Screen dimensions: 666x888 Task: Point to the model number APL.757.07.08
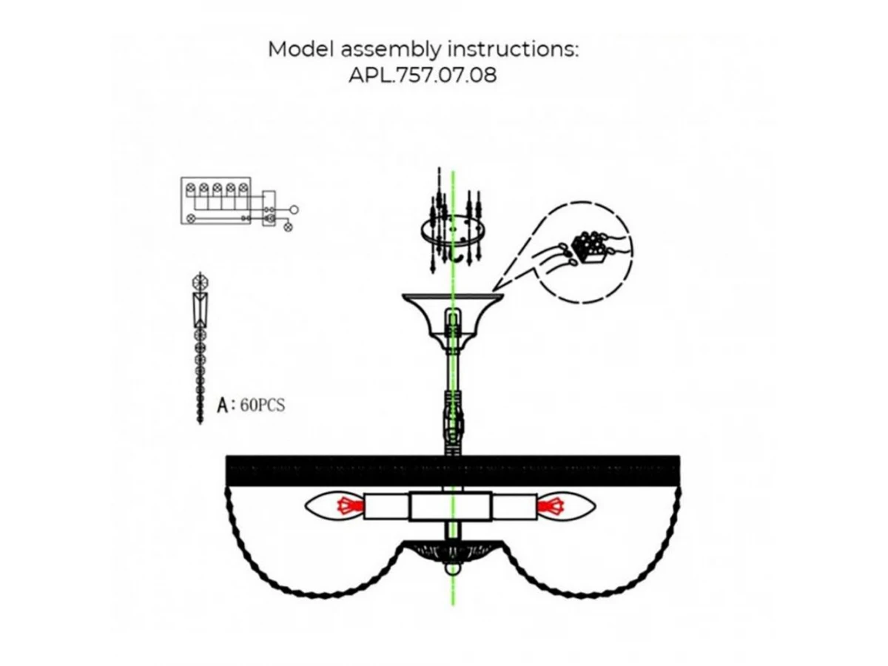tap(423, 75)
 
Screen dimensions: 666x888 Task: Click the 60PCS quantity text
tap(263, 406)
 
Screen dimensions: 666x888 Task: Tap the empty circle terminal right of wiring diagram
tap(294, 209)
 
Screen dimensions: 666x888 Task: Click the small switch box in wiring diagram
tap(270, 209)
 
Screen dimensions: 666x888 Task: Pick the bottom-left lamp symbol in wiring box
tap(190, 218)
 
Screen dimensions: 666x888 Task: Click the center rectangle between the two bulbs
tap(451, 508)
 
